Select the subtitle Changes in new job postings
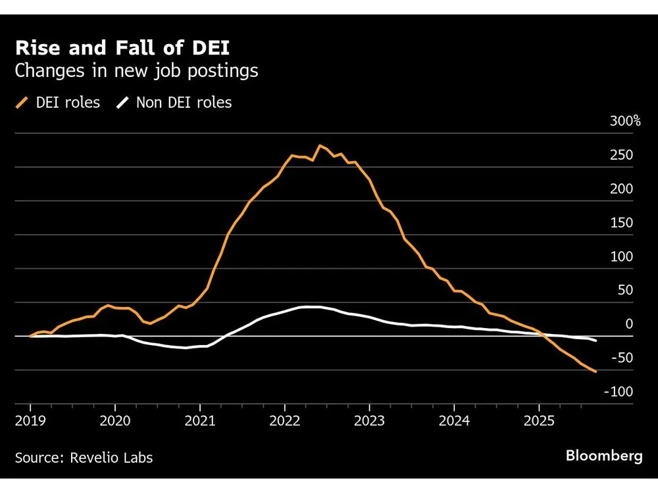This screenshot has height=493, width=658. (136, 71)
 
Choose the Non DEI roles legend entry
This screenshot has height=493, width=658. (174, 103)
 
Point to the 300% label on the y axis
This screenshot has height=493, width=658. (625, 121)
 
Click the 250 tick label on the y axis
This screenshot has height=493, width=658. (621, 155)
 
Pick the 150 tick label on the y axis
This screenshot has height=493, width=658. (621, 223)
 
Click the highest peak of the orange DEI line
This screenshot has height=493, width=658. (320, 145)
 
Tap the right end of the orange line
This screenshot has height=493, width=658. (596, 372)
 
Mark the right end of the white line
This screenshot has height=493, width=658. (596, 340)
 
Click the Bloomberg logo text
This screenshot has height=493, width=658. (604, 457)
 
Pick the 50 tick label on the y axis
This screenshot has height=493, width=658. (624, 291)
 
